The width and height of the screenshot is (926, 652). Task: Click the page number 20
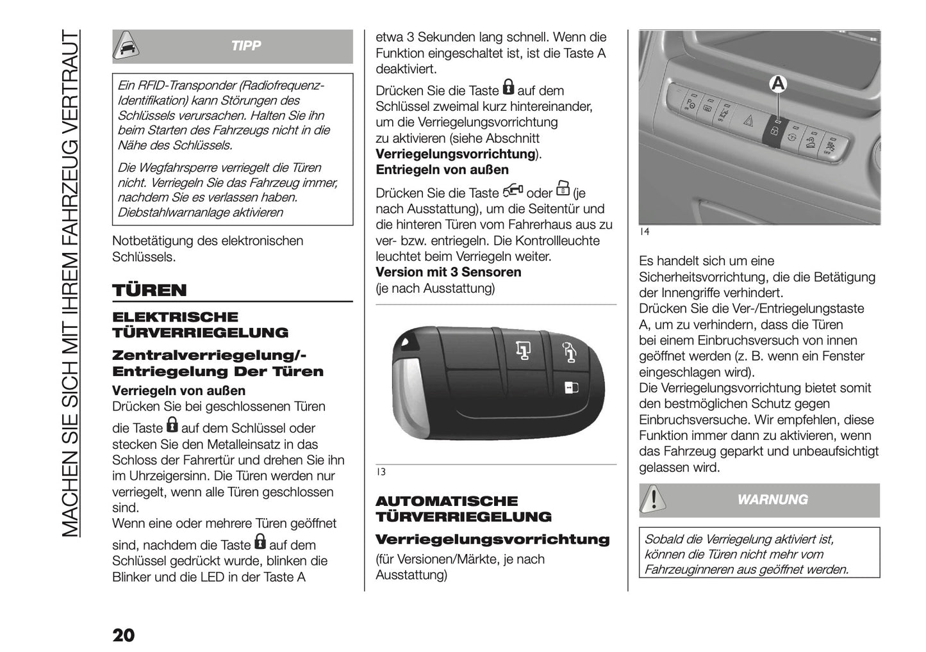[124, 635]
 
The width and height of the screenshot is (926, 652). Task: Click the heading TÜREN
[149, 290]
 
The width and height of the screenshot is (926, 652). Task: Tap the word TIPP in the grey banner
[246, 46]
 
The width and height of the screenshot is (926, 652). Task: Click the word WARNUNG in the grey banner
[773, 500]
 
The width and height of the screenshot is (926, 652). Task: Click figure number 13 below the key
[381, 472]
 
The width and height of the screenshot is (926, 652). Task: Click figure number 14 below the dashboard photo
[645, 232]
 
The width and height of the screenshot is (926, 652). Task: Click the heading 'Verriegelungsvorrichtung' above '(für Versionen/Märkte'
[492, 539]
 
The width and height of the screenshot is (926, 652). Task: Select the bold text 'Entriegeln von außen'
[442, 170]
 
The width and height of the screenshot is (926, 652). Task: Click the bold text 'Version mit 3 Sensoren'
[448, 272]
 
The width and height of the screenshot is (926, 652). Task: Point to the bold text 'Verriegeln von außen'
[179, 391]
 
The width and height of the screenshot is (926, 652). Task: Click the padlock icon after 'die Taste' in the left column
[172, 425]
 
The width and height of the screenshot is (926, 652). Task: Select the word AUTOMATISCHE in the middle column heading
[446, 501]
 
